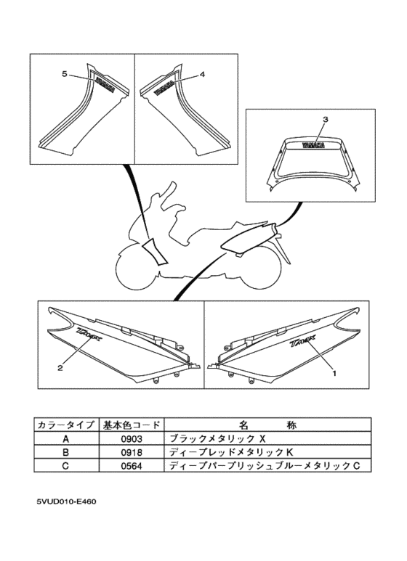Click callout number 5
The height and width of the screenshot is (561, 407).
click(x=65, y=74)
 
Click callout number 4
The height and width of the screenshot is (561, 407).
click(x=203, y=74)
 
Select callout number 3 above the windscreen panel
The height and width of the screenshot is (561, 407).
click(x=326, y=118)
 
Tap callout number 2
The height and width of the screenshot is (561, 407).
click(x=60, y=367)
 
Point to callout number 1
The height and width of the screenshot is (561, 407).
click(x=334, y=372)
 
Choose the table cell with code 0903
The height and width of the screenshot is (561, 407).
click(x=132, y=439)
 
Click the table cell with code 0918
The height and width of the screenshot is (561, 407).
click(x=132, y=451)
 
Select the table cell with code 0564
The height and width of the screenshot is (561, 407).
click(x=132, y=464)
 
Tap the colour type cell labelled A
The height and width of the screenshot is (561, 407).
click(x=65, y=439)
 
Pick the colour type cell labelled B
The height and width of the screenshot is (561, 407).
click(x=65, y=451)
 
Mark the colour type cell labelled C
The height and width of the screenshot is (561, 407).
click(x=65, y=464)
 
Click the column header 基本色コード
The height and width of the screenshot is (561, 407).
click(x=132, y=425)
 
